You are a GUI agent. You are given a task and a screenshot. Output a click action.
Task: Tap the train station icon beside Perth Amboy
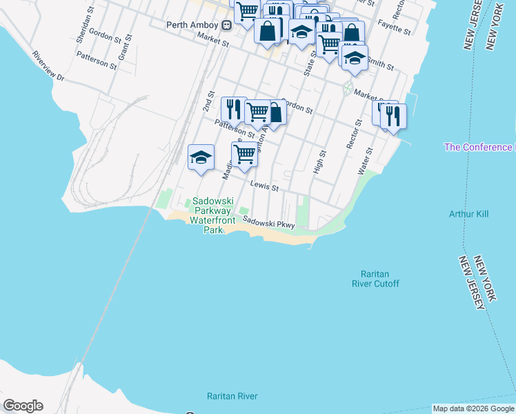(x=226, y=25)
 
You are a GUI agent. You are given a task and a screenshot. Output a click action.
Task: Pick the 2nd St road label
(x=209, y=101)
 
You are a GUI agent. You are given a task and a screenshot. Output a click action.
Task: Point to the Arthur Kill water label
(x=468, y=214)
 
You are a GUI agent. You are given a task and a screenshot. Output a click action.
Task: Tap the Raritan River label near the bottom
(x=232, y=396)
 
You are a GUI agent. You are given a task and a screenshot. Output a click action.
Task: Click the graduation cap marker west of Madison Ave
(x=201, y=156)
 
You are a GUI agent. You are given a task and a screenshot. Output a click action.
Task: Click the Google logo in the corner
(x=23, y=406)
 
